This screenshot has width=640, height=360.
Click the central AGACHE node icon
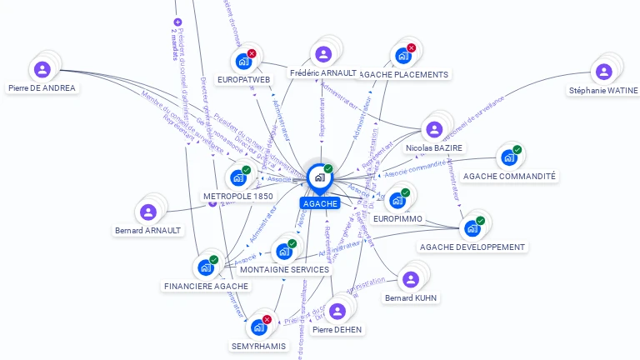pos(319,177)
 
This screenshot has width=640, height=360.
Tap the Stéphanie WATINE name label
pos(603,90)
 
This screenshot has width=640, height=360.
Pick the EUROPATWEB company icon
pos(243,61)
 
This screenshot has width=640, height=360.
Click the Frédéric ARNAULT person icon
pos(323,54)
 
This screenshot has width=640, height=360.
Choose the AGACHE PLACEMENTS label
pos(403,74)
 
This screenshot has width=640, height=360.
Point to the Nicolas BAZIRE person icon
pos(433,129)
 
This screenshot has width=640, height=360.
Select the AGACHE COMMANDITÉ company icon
pos(509,157)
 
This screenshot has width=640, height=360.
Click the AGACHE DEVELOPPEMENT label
pos(472,247)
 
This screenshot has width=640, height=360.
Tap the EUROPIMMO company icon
pos(397,200)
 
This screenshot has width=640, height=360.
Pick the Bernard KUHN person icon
pos(410,279)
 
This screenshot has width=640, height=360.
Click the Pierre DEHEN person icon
pos(337,311)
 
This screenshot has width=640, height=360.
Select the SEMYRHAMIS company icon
pos(258,327)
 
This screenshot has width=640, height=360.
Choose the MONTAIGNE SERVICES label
pos(284,269)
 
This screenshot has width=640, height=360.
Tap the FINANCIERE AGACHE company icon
pos(205,267)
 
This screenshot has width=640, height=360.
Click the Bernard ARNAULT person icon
pos(148,212)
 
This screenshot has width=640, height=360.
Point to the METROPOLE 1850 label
pos(238,196)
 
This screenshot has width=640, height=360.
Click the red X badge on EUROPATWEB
pos(252,53)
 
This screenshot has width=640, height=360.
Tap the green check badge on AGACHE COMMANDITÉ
pos(517,150)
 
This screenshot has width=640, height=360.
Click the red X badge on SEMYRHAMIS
pos(267,319)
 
